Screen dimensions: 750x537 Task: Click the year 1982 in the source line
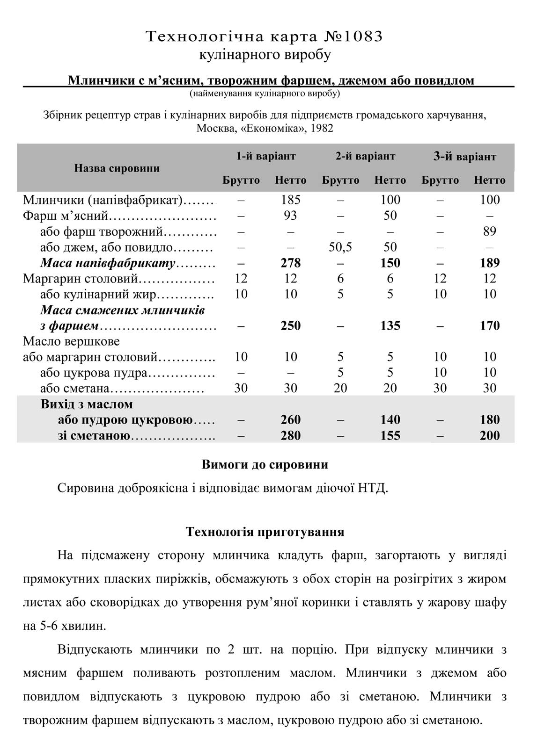[x=321, y=128]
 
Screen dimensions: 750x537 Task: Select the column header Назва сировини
[x=117, y=168]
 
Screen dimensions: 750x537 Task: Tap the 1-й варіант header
[x=266, y=156]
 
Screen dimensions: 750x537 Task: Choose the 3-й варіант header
[x=464, y=157]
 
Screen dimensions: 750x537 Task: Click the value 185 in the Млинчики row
[x=291, y=200]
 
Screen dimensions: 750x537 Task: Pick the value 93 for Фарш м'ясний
[x=291, y=216]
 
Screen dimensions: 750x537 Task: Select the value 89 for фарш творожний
[x=490, y=231]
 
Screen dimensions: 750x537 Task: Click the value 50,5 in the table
[x=340, y=247]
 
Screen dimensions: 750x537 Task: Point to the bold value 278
[x=291, y=263]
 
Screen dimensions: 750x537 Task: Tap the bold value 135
[x=390, y=325]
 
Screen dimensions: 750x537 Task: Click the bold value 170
[x=490, y=325]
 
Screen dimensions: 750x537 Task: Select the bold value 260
[x=291, y=419]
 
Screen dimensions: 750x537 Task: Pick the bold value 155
[x=390, y=435]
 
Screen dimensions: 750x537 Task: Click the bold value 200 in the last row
[x=490, y=435]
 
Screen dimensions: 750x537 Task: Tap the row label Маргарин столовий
[x=81, y=279]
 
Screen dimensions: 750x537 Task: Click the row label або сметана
[x=75, y=388]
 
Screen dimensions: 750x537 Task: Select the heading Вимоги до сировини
[x=265, y=465]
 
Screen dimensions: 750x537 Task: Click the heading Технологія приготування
[x=265, y=532]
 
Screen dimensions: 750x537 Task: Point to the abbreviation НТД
[x=372, y=488]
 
